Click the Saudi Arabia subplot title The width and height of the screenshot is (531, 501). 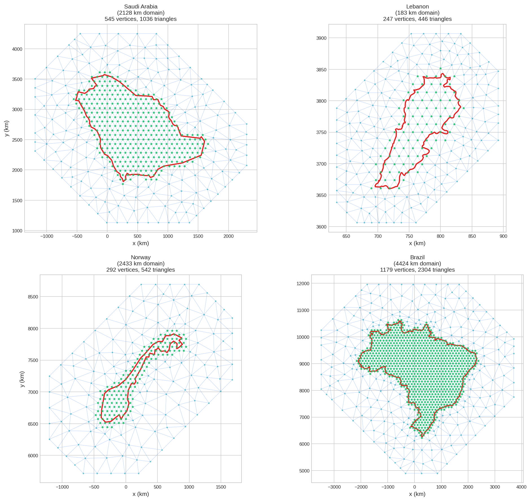click(141, 6)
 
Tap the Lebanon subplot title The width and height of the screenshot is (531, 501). click(417, 6)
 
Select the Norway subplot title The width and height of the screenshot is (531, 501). click(141, 257)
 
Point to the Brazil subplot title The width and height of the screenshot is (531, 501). click(417, 257)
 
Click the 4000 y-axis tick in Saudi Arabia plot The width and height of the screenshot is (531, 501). click(17, 49)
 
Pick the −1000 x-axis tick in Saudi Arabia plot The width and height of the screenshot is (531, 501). click(47, 236)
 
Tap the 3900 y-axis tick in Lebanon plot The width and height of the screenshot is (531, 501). click(321, 38)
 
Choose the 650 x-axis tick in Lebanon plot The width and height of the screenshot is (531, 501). click(346, 236)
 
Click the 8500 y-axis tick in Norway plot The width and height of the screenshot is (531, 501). click(33, 297)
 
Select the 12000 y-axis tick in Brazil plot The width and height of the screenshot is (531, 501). click(303, 284)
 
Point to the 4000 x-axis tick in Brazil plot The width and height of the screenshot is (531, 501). click(521, 487)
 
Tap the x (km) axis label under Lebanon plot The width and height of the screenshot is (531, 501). click(417, 243)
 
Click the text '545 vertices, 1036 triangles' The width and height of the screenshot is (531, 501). click(141, 19)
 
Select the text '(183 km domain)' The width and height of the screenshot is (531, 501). click(417, 13)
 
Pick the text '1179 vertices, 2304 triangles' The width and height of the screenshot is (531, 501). click(417, 270)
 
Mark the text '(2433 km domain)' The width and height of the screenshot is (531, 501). click(141, 263)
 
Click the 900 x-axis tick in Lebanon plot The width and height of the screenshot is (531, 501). click(503, 236)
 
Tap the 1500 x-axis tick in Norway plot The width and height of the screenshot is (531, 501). click(221, 487)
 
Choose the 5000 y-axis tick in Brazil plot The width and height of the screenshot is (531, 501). click(304, 471)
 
